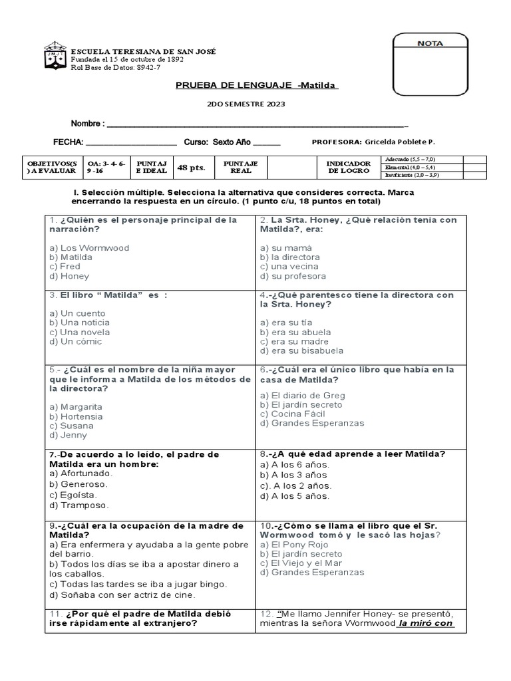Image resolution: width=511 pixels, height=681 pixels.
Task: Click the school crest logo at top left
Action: (x=55, y=56)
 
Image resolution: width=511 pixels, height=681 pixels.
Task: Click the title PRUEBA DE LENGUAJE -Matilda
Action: (x=257, y=85)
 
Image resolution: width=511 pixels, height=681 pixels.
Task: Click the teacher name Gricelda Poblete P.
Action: (x=400, y=142)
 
